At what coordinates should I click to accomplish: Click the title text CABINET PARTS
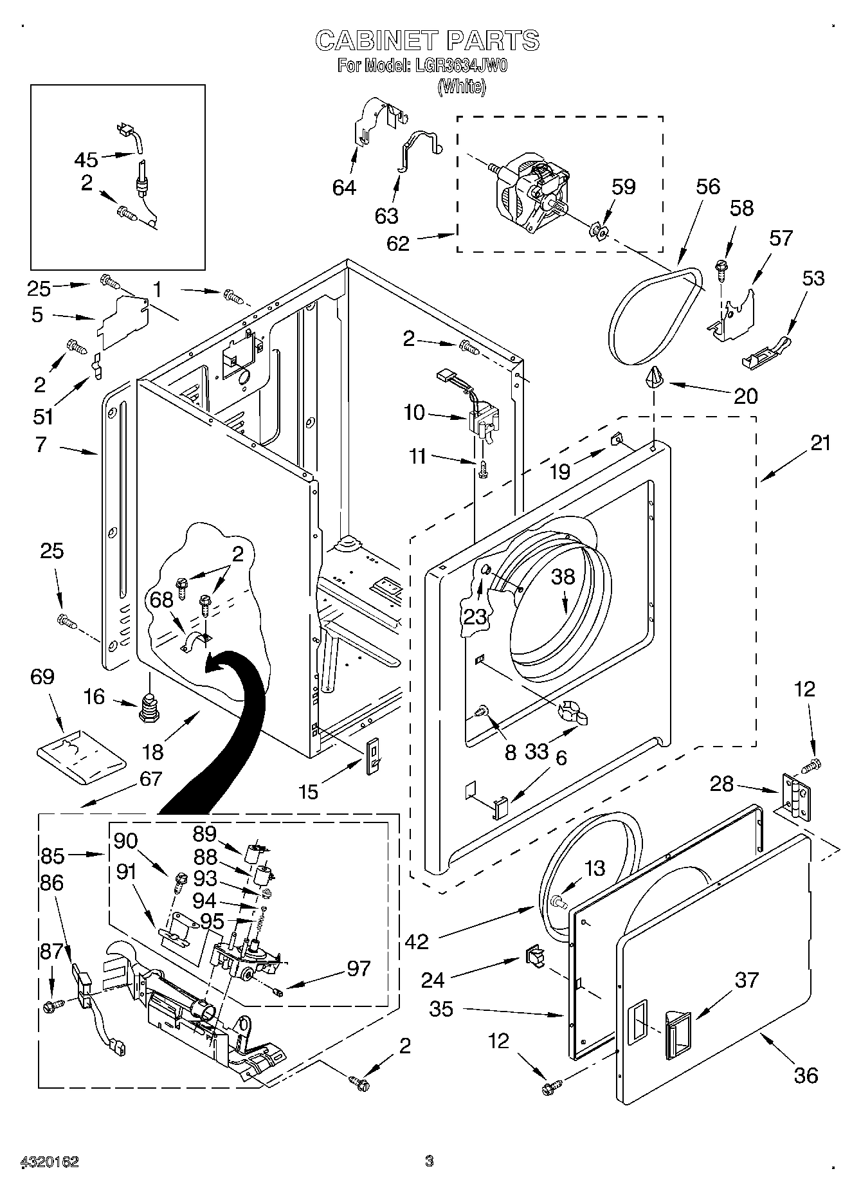427,41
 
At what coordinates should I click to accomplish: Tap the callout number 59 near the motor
623,186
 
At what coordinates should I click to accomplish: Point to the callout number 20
746,395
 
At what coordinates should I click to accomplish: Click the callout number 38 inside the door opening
563,577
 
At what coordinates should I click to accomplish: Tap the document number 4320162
50,1161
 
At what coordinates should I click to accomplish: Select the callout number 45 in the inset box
86,159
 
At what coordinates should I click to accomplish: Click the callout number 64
345,187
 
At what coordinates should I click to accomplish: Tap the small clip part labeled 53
769,354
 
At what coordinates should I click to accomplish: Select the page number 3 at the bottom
430,1161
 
